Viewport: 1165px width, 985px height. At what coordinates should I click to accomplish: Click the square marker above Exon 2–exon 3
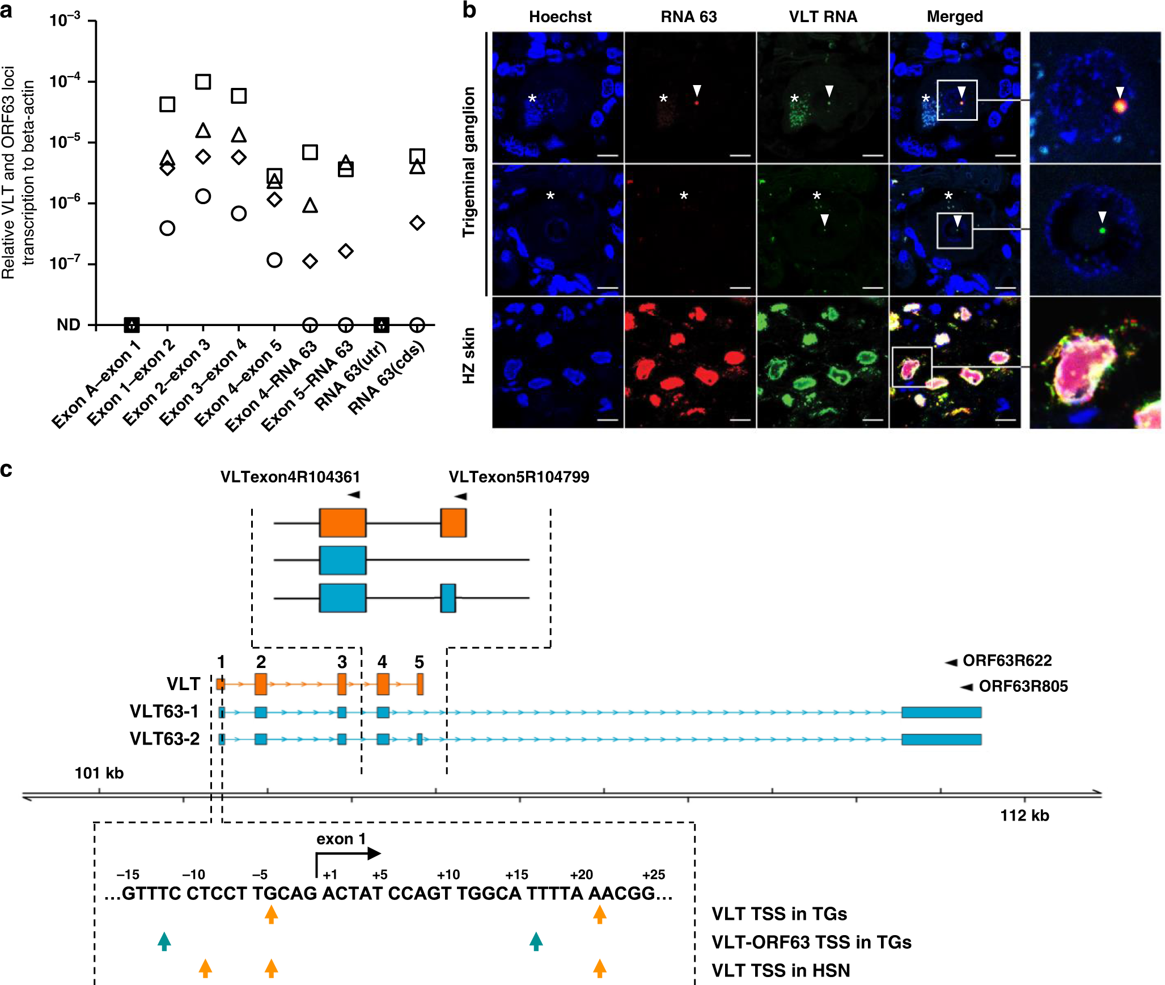203,82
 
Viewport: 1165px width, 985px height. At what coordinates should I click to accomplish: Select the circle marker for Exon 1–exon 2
167,228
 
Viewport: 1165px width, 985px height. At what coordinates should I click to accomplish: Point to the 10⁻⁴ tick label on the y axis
65,81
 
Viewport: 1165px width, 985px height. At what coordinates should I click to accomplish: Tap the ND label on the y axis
69,325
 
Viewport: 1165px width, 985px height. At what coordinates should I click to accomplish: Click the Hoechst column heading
560,17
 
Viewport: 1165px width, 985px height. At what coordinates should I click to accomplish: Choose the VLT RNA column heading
823,17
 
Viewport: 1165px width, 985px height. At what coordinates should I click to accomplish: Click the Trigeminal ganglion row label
469,162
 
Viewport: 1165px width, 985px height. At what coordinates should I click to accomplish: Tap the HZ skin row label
469,356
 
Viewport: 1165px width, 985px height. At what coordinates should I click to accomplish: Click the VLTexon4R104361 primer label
290,477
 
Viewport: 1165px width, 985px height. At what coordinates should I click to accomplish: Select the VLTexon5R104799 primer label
519,477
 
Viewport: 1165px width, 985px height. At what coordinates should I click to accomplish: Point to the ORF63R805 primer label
1023,686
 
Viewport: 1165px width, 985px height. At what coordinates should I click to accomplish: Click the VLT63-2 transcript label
164,739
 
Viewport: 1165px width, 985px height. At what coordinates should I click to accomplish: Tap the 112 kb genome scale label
1024,815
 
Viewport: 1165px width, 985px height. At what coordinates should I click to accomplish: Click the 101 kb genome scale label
99,773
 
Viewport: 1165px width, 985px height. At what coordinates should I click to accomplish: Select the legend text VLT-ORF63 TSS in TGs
811,942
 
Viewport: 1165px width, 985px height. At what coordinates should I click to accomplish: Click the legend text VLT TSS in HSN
780,970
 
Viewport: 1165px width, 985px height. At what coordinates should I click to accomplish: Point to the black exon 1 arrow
347,854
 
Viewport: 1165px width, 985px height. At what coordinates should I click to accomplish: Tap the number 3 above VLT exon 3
342,662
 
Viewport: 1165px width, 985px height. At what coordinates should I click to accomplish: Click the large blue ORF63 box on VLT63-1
941,712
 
